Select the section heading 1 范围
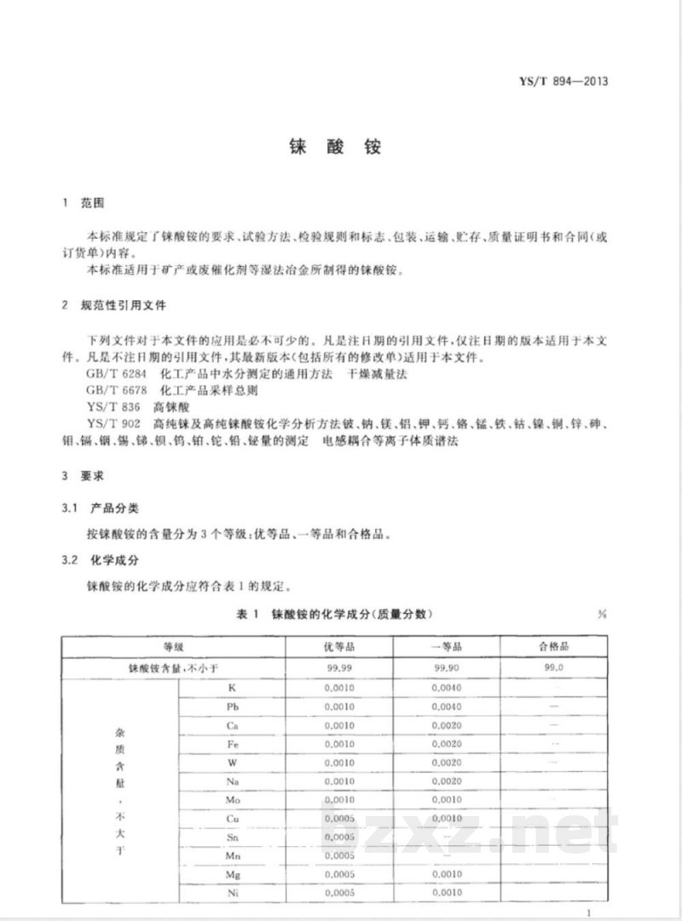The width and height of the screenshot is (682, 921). point(84,204)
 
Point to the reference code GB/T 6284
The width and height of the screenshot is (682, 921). point(113,374)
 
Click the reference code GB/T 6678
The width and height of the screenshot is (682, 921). point(113,390)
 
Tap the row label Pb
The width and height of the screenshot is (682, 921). point(232,707)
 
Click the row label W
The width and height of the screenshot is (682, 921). point(232,762)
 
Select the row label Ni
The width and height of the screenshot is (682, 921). point(232,892)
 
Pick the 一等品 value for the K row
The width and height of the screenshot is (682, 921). point(446,687)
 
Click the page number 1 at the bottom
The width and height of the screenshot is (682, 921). point(588,913)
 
